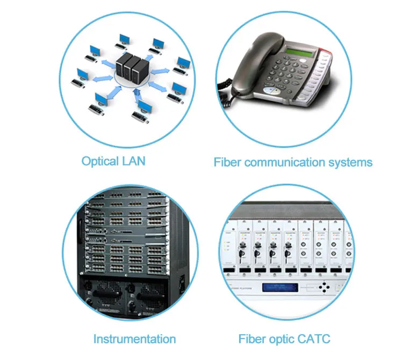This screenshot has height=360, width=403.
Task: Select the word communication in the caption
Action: click(290, 162)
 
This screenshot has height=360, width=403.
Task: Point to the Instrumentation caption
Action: click(134, 339)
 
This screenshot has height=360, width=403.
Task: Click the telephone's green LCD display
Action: click(300, 53)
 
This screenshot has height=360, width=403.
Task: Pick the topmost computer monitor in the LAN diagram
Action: click(125, 39)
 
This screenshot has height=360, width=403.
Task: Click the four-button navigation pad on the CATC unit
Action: click(325, 286)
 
